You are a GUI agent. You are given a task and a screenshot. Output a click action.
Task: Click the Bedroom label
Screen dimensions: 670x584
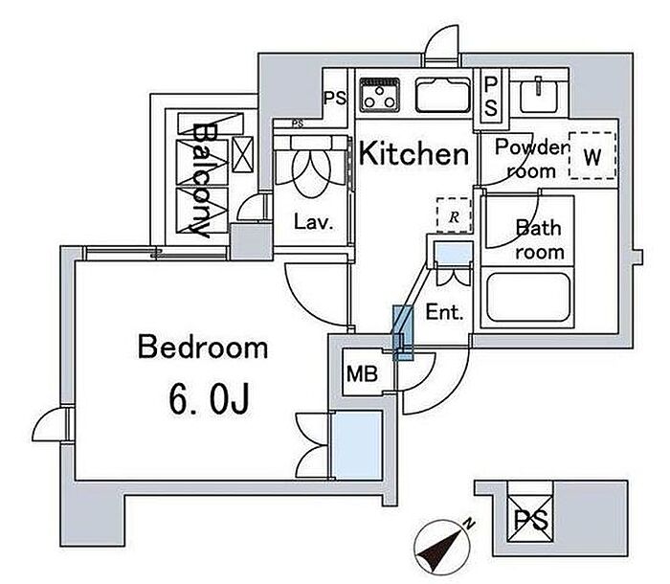203,348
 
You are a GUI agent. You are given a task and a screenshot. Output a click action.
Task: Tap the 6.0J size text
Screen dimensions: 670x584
209,399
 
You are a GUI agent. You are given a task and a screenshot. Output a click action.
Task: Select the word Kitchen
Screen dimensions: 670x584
413,153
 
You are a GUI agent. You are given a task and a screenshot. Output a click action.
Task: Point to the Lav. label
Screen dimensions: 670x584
313,222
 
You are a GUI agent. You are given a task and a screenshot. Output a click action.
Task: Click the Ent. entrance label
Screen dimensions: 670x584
444,312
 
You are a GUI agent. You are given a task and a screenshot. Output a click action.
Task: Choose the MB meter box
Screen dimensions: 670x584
363,374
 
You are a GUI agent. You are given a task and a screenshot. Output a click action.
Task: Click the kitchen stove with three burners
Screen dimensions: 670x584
379,95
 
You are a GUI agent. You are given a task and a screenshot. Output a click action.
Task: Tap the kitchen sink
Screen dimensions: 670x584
443,95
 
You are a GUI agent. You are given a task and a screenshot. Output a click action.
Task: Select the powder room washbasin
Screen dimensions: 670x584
539,95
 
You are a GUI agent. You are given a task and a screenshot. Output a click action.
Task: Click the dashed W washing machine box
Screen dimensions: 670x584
592,156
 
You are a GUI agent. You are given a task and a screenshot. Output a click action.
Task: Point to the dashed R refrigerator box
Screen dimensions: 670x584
454,215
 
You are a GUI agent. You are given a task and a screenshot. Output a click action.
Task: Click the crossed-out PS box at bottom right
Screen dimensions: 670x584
530,519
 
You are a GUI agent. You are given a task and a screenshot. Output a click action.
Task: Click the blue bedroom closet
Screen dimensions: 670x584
357,445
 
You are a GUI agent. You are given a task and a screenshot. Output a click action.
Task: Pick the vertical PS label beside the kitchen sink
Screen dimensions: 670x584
491,98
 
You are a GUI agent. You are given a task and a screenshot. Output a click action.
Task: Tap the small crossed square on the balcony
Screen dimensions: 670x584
243,154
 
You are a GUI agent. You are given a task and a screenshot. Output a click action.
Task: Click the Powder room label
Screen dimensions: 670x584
531,159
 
